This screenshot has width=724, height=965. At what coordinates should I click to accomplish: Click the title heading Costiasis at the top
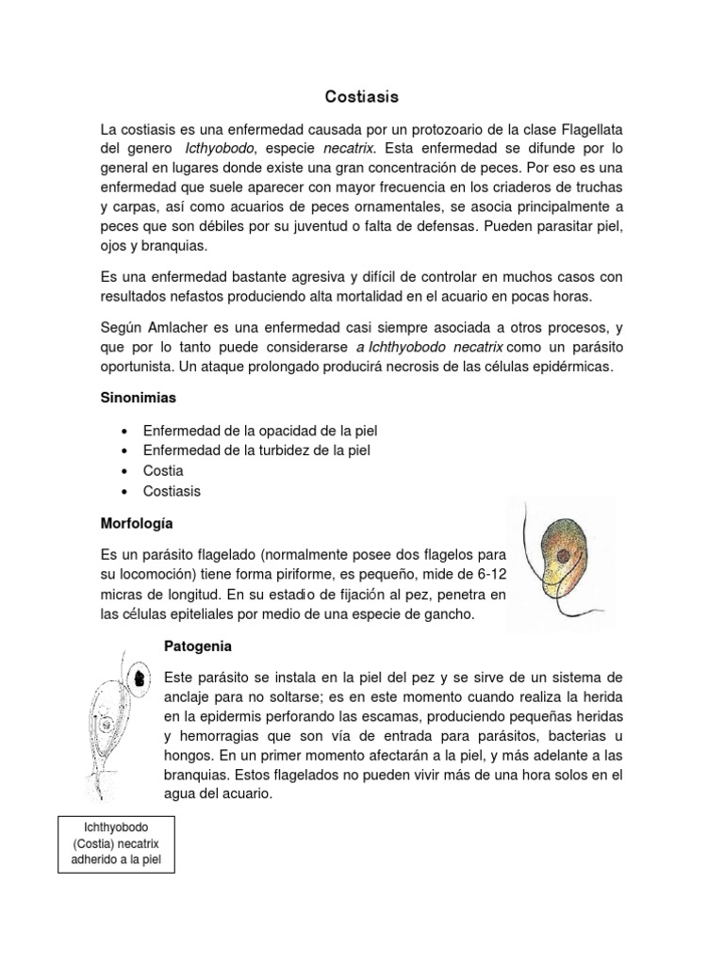362,96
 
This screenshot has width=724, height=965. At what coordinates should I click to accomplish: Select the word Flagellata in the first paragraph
584,129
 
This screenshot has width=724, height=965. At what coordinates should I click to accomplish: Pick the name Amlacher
196,327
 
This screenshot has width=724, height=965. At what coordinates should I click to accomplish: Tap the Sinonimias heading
139,399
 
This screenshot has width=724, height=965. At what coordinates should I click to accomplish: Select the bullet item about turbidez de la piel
256,450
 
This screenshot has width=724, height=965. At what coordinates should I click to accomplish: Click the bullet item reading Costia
163,470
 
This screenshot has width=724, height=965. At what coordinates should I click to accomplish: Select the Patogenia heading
197,647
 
